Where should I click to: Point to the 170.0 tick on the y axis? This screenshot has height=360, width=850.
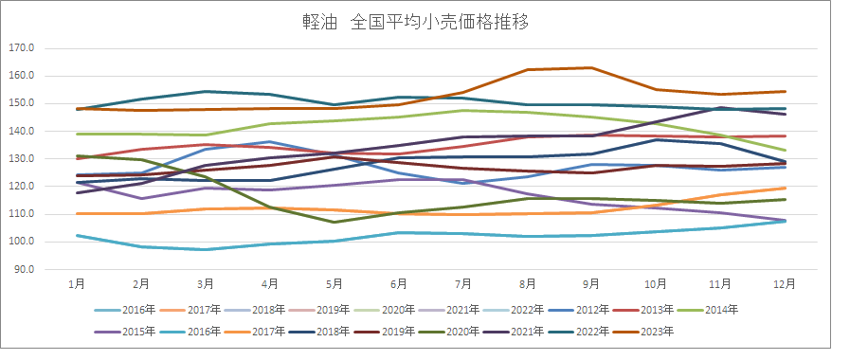coord(21,47)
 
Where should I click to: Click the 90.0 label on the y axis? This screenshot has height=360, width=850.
coord(23,269)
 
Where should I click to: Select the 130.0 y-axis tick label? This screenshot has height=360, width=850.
coord(21,158)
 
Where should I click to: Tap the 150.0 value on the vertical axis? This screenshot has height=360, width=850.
coord(21,103)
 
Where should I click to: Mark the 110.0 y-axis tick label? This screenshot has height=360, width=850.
coord(21,214)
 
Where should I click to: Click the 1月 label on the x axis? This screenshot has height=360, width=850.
coord(76,283)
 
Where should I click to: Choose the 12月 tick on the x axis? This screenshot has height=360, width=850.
coord(784,283)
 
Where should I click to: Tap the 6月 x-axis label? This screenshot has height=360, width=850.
coord(398,283)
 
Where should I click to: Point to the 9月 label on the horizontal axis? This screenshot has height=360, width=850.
coord(591,283)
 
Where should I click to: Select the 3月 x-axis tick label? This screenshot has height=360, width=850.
coord(205,283)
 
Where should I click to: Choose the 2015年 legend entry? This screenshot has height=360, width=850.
coord(135,332)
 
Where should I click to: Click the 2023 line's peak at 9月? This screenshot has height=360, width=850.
coord(591,67)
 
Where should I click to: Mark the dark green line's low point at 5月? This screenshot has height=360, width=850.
coord(334,222)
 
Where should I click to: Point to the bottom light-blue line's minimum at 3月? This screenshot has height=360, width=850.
coord(205,249)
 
